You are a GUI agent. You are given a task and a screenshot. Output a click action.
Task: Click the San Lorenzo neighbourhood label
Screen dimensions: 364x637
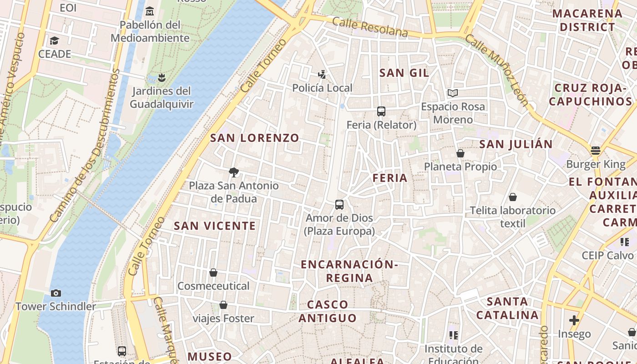(x=254, y=138)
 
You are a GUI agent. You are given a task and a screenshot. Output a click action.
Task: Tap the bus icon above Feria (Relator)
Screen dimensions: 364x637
(x=381, y=111)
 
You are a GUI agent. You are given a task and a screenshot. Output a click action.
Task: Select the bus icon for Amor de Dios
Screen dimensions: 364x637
(x=339, y=204)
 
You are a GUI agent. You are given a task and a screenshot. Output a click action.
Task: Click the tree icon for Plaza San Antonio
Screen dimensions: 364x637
(x=234, y=172)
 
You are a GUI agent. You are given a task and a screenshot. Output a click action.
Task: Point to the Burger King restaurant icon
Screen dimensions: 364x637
(x=596, y=150)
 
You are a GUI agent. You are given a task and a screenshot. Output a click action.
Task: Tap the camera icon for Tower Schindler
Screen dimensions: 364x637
(x=56, y=293)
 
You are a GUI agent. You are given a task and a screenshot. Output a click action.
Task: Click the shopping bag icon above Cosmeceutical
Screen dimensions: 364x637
(x=213, y=273)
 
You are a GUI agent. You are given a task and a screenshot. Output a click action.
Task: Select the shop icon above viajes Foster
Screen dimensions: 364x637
(x=223, y=305)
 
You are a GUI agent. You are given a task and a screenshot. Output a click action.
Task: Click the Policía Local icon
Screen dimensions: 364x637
(x=322, y=74)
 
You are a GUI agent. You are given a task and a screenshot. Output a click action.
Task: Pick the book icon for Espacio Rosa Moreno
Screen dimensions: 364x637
(x=452, y=93)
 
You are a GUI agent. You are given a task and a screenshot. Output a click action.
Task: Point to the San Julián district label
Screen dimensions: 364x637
(x=516, y=144)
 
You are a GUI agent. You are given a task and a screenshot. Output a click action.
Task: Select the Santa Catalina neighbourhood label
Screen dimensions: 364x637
(x=507, y=308)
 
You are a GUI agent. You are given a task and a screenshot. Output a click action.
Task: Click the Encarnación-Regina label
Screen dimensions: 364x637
(x=349, y=271)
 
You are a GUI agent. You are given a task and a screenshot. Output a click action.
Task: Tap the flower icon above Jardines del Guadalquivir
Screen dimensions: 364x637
(x=161, y=77)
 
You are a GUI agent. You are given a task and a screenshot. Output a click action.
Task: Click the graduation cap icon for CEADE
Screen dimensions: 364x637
(x=55, y=40)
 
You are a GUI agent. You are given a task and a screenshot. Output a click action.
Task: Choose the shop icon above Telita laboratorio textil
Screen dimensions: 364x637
(x=513, y=197)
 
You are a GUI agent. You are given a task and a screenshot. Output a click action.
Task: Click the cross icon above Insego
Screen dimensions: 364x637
(x=574, y=320)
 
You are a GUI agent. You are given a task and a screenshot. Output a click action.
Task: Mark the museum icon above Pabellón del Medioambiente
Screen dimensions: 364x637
(x=150, y=11)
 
